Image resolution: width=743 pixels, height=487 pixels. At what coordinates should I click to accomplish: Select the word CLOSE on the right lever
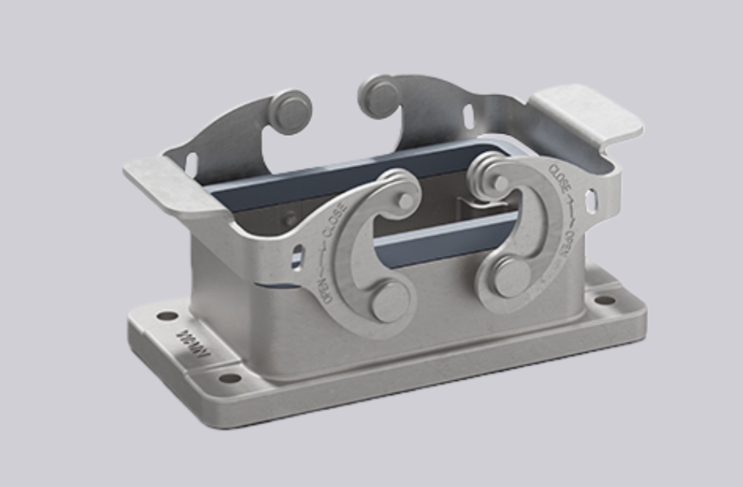(x=559, y=179)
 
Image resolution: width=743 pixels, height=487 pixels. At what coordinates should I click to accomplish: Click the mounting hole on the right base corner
(x=606, y=301)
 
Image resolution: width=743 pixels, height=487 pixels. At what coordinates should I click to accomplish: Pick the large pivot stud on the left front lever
(x=391, y=301)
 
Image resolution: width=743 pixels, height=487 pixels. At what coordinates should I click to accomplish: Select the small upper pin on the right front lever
(x=501, y=183)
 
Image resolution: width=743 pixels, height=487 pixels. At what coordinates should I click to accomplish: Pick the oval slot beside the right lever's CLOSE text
(x=591, y=201)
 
